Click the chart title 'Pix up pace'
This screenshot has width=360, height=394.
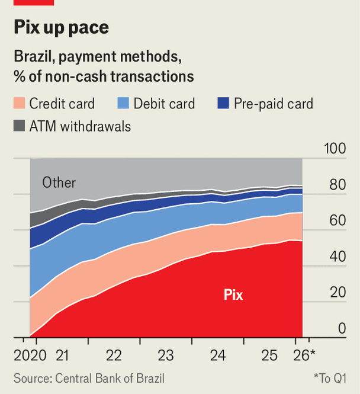click(x=62, y=28)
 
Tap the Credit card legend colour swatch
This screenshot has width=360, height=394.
click(x=20, y=103)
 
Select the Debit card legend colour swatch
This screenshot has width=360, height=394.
click(x=123, y=103)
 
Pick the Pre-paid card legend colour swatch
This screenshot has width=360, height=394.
click(x=223, y=103)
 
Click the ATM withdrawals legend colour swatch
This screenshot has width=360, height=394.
click(x=20, y=126)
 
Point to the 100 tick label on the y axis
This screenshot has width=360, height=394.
click(x=335, y=148)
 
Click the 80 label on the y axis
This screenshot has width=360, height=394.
click(x=337, y=184)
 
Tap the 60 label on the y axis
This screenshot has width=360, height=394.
click(x=337, y=220)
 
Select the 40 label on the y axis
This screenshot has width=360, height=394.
click(x=337, y=257)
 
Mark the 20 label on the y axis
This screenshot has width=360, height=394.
click(x=337, y=292)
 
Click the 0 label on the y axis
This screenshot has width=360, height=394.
click(x=342, y=328)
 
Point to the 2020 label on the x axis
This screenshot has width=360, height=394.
click(x=30, y=355)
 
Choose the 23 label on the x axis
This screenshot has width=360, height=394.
click(x=166, y=355)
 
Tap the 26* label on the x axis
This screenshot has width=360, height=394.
click(x=304, y=355)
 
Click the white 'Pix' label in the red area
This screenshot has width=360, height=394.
click(x=233, y=294)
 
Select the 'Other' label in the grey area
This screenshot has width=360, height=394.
click(x=59, y=182)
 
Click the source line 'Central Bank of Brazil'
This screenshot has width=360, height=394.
click(x=110, y=378)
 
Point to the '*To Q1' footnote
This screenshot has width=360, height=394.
click(x=330, y=378)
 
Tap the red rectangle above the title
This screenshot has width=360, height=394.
click(x=34, y=2)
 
